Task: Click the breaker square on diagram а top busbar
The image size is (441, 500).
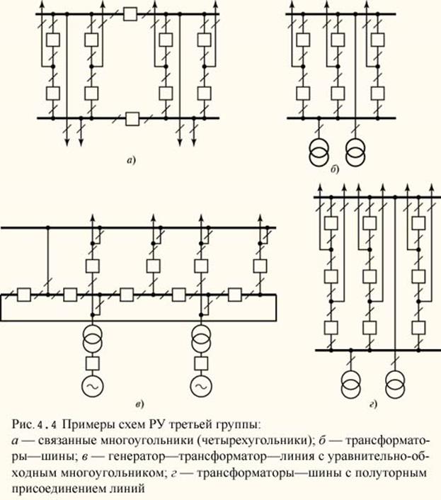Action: (x=130, y=13)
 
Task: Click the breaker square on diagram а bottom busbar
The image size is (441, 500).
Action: (x=131, y=118)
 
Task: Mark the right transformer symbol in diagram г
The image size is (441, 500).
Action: (x=394, y=382)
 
